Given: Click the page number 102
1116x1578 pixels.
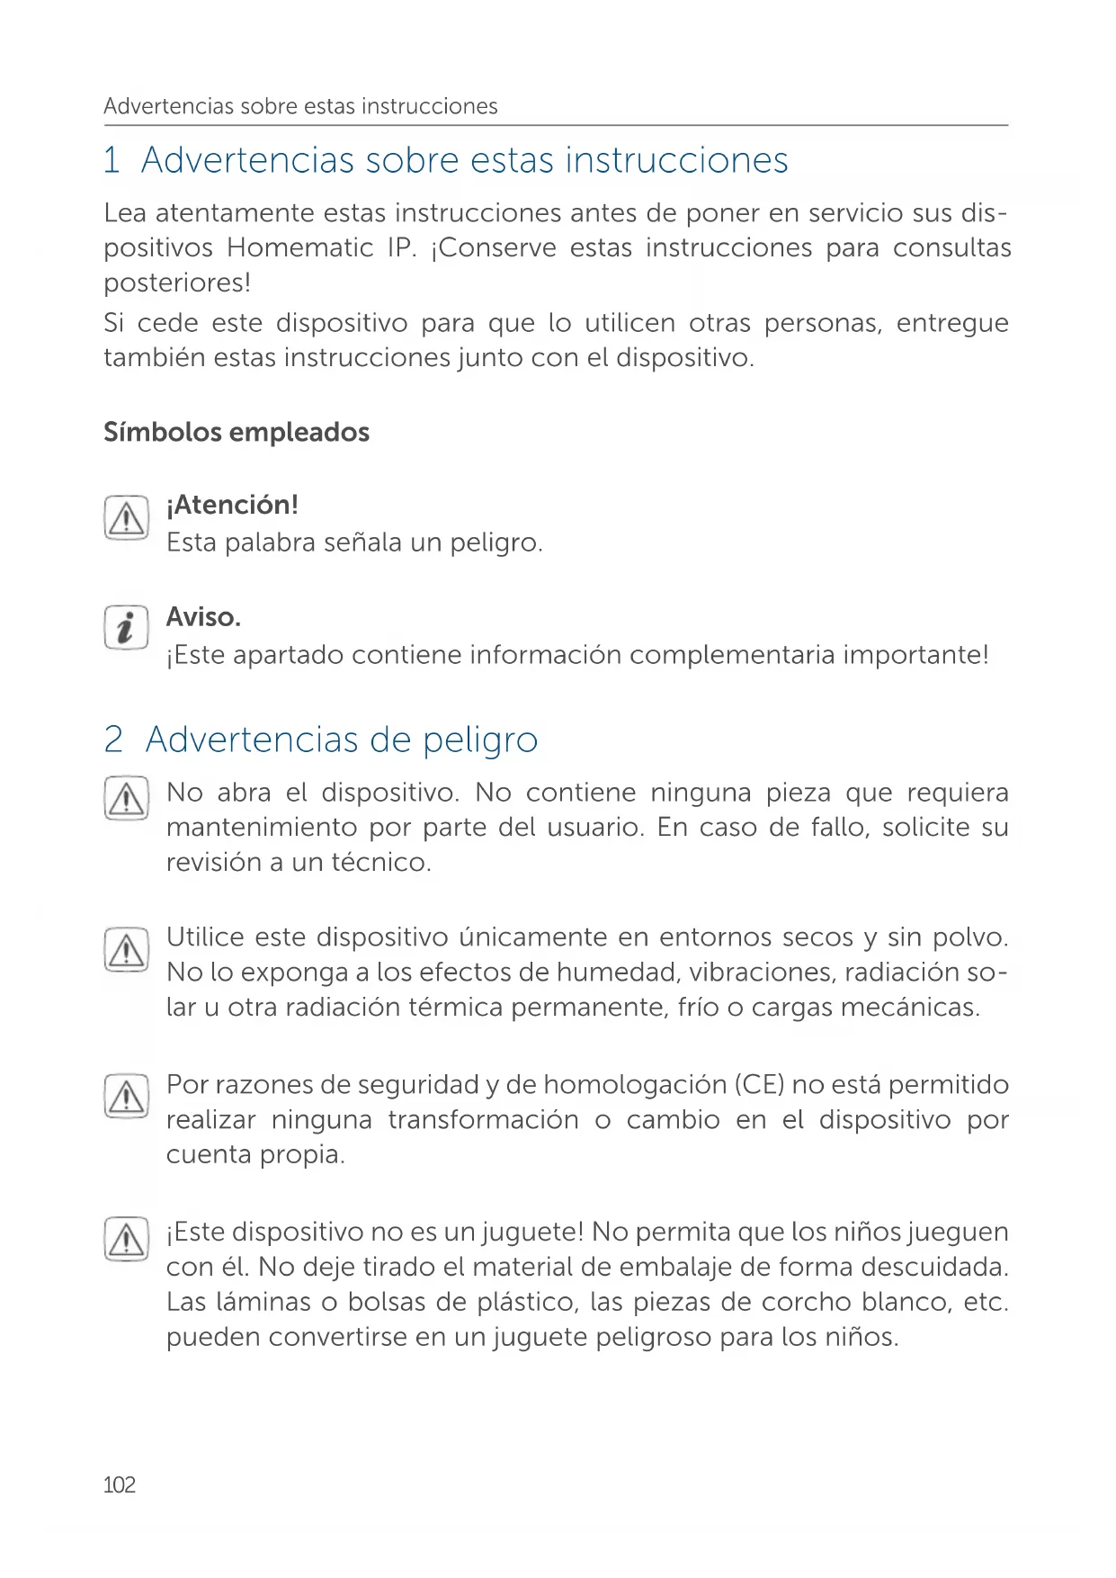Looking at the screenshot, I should [120, 1484].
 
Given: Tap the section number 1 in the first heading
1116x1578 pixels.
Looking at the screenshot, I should [112, 161].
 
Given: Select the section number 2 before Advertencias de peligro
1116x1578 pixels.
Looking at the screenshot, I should [113, 740].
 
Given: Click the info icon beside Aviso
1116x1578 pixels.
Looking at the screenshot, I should [126, 628].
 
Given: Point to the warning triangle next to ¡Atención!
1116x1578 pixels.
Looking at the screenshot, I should [126, 518].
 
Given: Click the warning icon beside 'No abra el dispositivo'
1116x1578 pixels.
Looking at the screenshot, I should [126, 798].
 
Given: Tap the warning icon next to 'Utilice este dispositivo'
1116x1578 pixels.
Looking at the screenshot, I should [126, 950].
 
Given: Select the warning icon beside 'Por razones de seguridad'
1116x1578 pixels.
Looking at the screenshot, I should [126, 1097].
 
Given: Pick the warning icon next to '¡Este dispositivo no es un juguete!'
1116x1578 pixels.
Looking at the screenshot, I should [126, 1239].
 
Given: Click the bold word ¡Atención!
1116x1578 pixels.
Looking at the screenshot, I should [232, 506].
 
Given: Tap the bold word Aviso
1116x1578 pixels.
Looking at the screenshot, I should [203, 618].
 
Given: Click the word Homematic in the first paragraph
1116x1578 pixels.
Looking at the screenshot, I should [299, 248].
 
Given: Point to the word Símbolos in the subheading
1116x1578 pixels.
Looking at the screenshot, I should [162, 433].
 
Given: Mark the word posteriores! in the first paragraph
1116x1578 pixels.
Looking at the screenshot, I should [177, 283].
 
